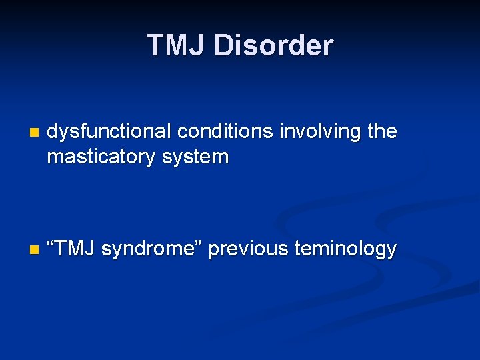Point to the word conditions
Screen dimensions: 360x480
(x=225, y=132)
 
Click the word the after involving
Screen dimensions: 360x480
(x=382, y=132)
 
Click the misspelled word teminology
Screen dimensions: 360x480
(x=344, y=249)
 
